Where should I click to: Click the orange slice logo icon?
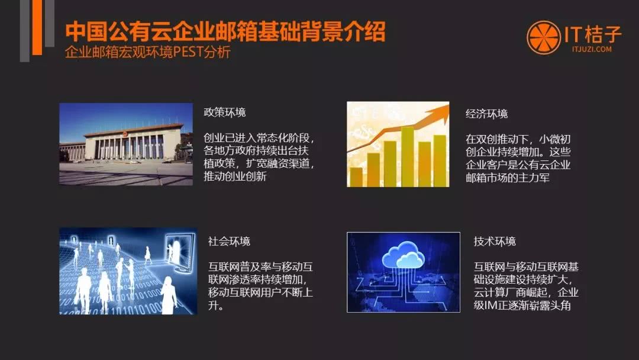click(x=544, y=37)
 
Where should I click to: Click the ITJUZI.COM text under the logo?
click(x=592, y=49)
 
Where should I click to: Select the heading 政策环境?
click(x=225, y=112)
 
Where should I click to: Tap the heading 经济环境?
click(x=486, y=114)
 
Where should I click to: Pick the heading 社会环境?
click(x=229, y=242)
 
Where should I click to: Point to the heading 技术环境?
click(x=495, y=242)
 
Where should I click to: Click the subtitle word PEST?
click(x=188, y=52)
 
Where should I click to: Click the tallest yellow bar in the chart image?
click(x=407, y=156)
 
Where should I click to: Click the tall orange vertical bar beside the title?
click(x=37, y=27)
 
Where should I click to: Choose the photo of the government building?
click(x=126, y=144)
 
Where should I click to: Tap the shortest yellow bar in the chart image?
click(x=356, y=177)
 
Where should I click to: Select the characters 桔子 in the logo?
click(x=603, y=34)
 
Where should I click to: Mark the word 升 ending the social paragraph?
click(x=213, y=305)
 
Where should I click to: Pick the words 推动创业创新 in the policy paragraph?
click(x=235, y=176)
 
